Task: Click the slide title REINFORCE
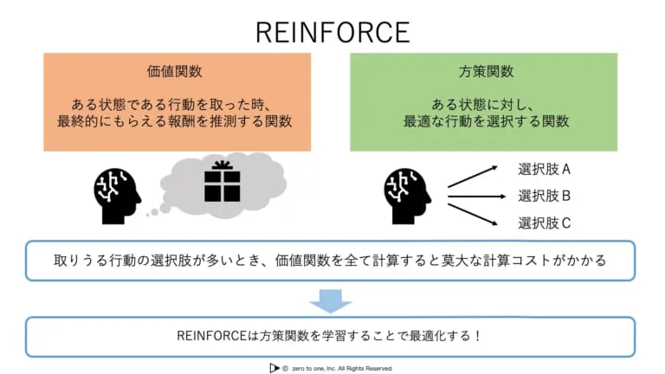pos(332,31)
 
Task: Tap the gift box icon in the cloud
pos(222,182)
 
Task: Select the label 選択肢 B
pos(544,195)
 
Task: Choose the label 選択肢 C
pos(544,222)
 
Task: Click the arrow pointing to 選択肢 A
pos(473,176)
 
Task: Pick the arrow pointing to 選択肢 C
pos(473,213)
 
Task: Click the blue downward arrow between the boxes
pos(331,300)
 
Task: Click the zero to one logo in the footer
pos(274,367)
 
